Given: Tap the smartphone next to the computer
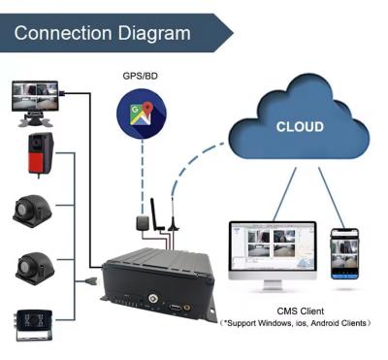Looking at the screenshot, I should tap(342, 254).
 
